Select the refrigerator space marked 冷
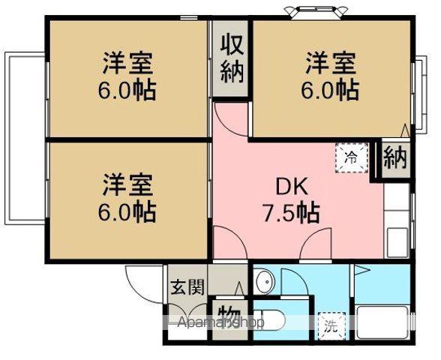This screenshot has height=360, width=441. click(x=350, y=157)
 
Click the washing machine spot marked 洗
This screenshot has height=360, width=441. click(x=330, y=325)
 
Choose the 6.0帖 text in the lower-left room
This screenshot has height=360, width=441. click(x=127, y=211)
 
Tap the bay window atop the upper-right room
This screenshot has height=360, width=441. click(x=311, y=12)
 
